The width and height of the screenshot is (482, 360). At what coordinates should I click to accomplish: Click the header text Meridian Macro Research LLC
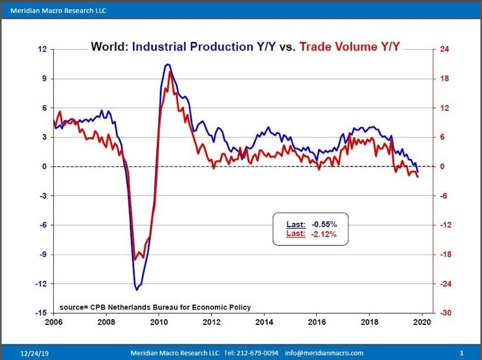(58, 11)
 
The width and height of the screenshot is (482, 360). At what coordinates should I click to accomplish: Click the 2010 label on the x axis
(159, 322)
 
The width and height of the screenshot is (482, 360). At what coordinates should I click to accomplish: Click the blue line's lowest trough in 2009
(137, 290)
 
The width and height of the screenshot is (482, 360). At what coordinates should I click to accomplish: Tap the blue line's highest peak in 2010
(168, 65)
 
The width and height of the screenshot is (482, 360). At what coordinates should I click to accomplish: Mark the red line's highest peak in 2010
(170, 72)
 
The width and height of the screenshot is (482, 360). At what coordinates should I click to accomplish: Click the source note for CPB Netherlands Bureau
(155, 307)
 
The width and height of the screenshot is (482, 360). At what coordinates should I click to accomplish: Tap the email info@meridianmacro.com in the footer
(325, 353)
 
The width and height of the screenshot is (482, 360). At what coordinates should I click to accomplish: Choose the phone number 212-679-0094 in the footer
(258, 353)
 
